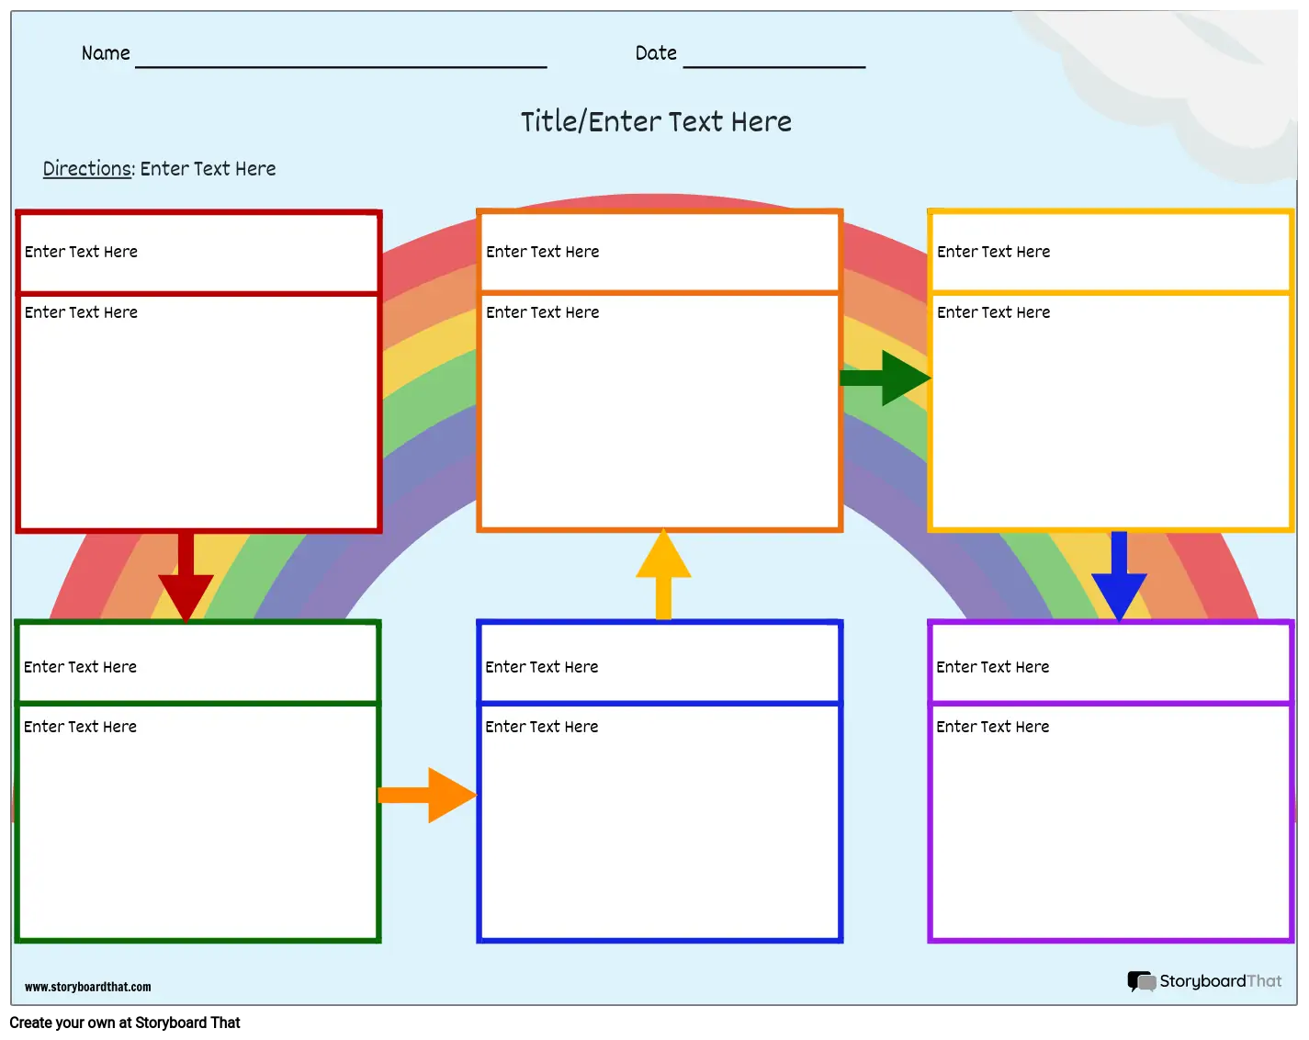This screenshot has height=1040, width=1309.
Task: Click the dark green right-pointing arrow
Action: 885,378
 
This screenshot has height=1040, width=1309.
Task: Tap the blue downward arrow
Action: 1119,576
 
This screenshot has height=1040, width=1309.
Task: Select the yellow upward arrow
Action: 663,574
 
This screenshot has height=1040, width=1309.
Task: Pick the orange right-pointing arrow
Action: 427,795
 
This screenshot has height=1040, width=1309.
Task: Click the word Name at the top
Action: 106,53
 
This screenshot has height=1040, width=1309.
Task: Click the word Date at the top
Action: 656,53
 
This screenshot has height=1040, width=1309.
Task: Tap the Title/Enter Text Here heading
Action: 656,121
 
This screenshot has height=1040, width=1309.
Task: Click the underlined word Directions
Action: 87,168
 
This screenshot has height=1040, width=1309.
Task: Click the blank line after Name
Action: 341,67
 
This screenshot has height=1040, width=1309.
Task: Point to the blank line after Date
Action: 773,67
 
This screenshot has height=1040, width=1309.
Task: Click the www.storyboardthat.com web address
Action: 87,987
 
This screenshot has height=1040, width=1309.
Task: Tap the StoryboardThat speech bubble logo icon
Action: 1141,981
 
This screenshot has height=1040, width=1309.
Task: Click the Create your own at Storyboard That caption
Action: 125,1023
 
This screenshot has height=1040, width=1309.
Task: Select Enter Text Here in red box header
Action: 81,252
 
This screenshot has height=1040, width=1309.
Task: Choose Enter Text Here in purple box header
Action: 992,667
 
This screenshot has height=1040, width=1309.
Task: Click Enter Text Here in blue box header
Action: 541,667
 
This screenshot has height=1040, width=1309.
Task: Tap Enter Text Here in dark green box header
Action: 80,667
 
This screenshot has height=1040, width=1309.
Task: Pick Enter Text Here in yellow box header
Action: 993,252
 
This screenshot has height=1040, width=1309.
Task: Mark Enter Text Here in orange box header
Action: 542,252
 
